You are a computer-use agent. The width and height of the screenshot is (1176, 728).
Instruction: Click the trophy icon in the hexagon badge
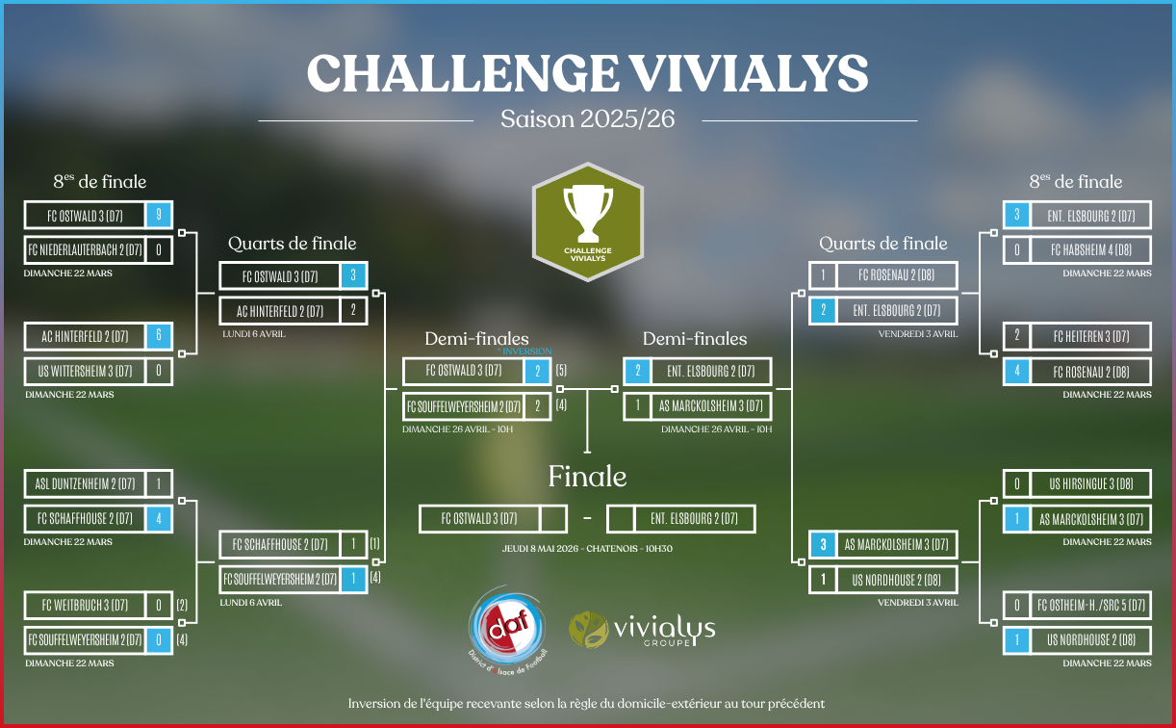587,213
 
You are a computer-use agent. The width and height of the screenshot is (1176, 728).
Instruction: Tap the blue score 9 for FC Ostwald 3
159,215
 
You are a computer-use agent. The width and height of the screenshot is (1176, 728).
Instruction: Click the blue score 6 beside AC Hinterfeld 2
159,336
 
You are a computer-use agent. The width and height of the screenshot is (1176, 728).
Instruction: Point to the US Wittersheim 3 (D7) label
85,372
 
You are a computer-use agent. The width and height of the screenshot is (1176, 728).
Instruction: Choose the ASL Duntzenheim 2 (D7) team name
85,483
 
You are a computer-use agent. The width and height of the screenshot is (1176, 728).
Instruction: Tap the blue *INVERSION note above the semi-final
524,351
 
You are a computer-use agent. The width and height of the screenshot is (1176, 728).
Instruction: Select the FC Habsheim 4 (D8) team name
1091,250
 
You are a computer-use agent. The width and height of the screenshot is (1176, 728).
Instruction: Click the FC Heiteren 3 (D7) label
1091,336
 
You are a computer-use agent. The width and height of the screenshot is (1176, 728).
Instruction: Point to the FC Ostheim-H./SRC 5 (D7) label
1091,605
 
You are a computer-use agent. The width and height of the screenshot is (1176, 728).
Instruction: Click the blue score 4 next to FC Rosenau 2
1017,372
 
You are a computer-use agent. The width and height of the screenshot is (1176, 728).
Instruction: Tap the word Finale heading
587,477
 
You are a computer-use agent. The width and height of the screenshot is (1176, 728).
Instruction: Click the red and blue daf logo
507,629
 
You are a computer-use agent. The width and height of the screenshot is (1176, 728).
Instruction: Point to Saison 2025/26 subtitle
587,119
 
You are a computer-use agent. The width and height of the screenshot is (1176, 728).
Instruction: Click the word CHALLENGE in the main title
463,72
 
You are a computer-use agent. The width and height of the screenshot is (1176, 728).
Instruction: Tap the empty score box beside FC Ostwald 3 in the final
552,519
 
